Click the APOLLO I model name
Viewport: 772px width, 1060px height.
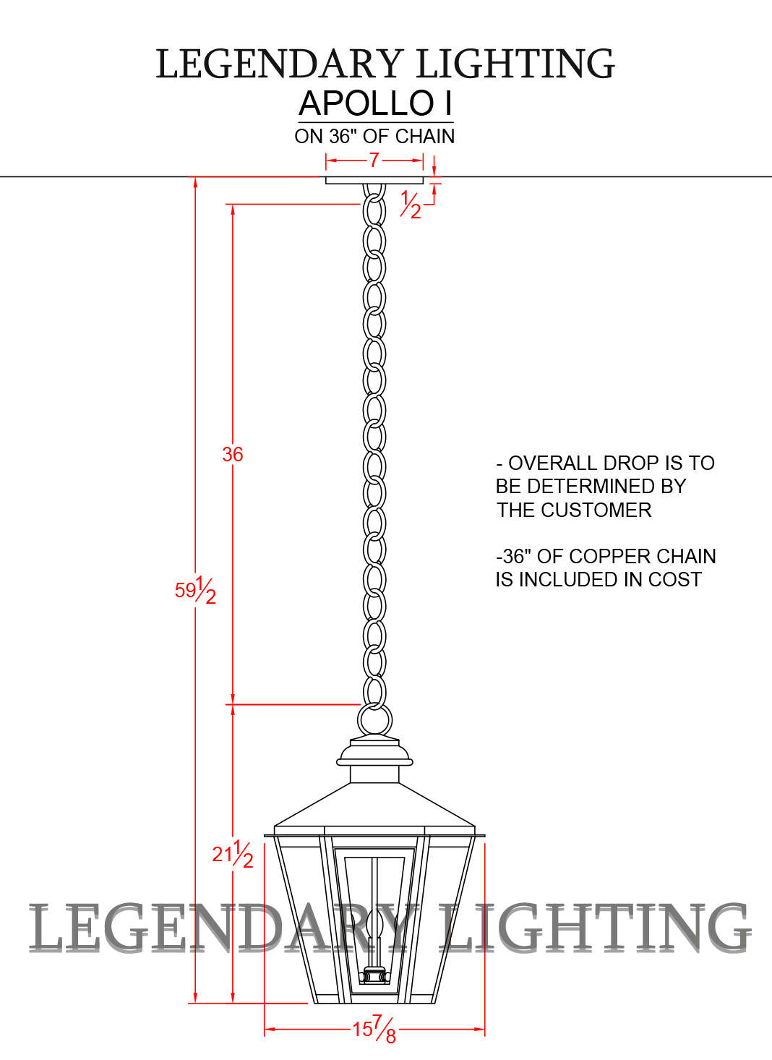(x=376, y=103)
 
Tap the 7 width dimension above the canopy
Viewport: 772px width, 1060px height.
(x=374, y=160)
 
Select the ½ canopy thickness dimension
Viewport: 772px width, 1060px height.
(x=411, y=205)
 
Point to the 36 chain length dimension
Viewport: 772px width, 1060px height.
(x=232, y=454)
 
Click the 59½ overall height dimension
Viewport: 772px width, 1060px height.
(x=195, y=591)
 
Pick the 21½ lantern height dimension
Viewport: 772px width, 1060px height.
(x=232, y=854)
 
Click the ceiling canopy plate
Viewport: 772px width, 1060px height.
(x=374, y=180)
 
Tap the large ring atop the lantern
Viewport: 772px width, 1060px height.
(x=374, y=721)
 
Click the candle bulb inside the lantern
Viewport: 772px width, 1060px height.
(x=374, y=924)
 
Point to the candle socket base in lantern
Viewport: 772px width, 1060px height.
(x=374, y=976)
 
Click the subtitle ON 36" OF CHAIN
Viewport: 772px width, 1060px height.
(x=374, y=136)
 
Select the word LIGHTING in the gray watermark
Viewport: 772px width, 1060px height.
(x=594, y=928)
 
